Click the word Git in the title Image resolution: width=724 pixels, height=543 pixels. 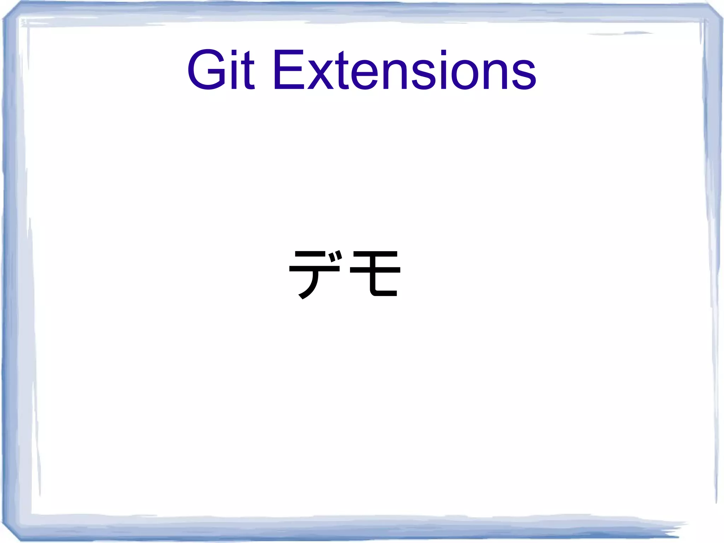pyautogui.click(x=221, y=70)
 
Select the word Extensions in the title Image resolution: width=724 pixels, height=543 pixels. pyautogui.click(x=404, y=70)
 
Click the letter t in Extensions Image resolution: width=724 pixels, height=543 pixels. pyautogui.click(x=342, y=71)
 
